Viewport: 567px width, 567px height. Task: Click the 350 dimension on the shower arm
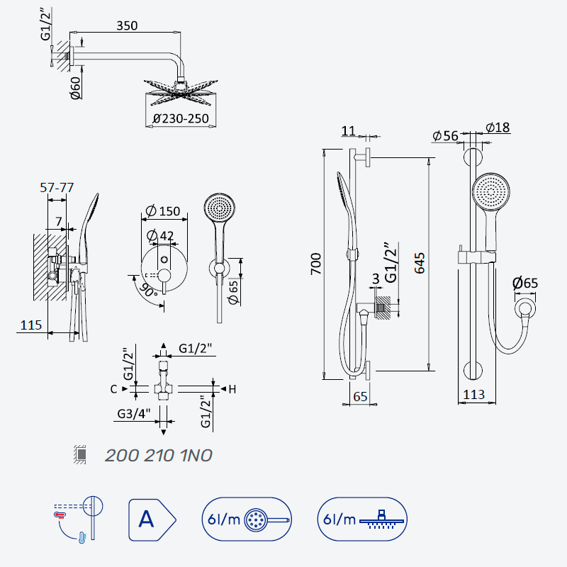tap(127, 26)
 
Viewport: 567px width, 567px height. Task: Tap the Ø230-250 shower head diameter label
tap(181, 118)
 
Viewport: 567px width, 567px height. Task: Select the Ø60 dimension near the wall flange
tap(76, 88)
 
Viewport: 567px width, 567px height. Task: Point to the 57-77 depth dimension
tap(57, 188)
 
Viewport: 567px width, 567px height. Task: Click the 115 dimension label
tap(31, 325)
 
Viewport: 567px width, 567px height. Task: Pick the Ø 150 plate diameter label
tap(163, 210)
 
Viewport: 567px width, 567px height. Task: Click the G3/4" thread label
tap(134, 414)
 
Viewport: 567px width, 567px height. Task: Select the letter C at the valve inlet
tap(113, 389)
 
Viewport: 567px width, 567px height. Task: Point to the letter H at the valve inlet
tap(232, 389)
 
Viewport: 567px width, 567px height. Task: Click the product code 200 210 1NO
tap(159, 456)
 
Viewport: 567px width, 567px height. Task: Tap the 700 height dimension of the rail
tap(316, 264)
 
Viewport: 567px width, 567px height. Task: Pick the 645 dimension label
tap(420, 263)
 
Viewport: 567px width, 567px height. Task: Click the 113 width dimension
tap(473, 395)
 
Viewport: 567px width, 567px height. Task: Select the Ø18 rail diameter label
tap(498, 128)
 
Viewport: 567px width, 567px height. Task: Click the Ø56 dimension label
tap(446, 136)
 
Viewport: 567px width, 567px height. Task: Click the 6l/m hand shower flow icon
tap(247, 520)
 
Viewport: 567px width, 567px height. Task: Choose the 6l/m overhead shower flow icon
tap(362, 520)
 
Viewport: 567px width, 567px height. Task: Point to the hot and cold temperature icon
tap(79, 519)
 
